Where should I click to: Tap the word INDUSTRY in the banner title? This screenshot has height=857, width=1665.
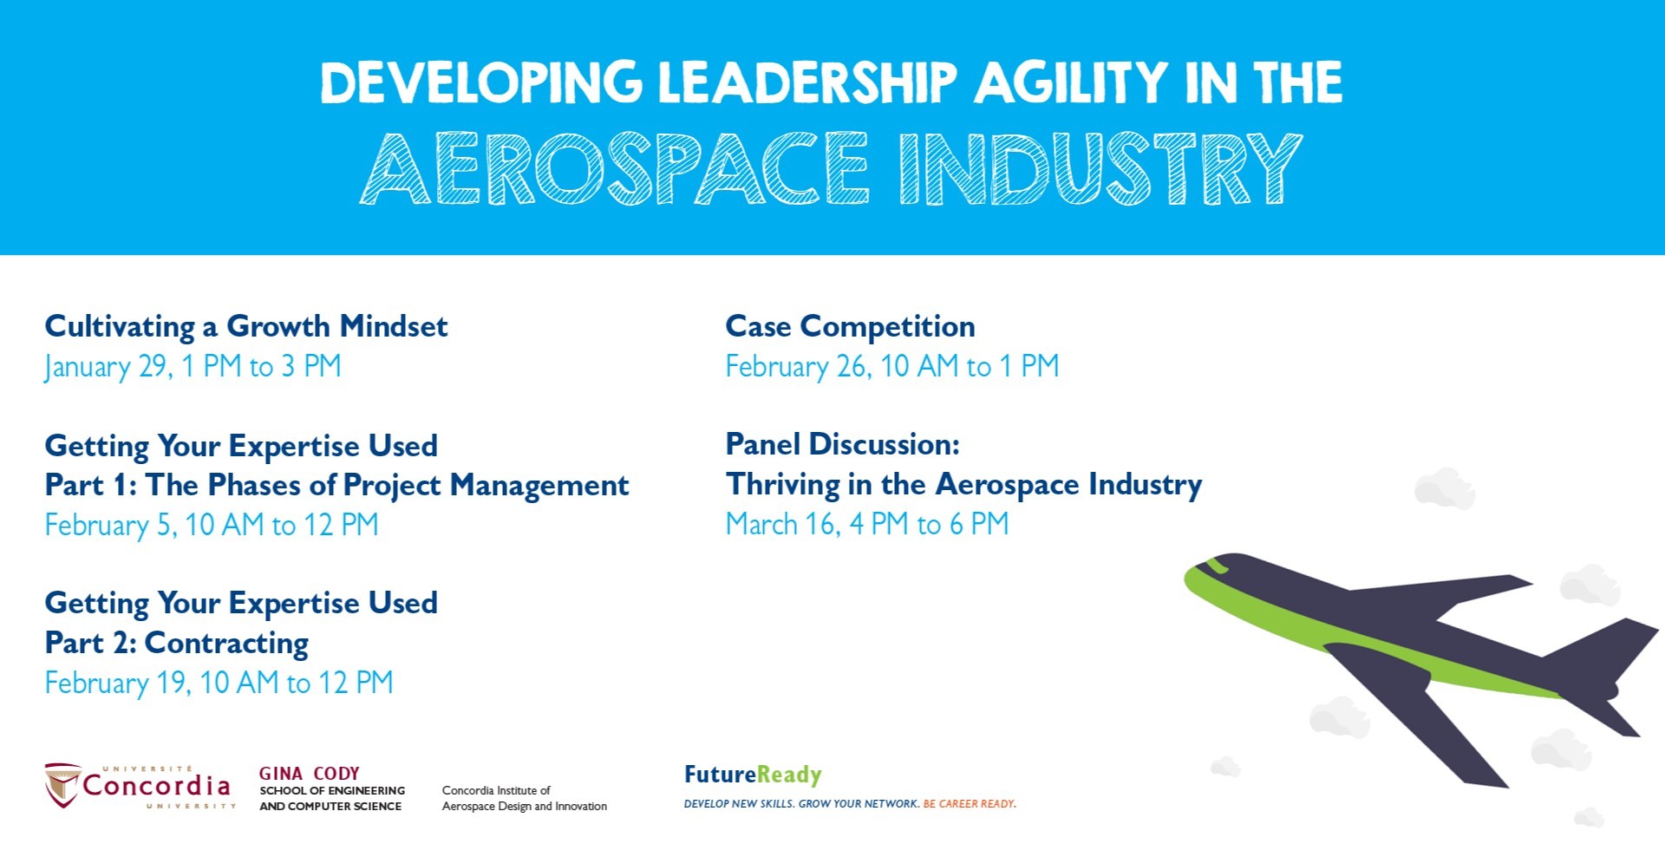click(1100, 168)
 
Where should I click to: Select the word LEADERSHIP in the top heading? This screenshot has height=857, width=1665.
click(806, 83)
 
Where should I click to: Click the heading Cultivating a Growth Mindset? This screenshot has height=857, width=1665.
click(246, 326)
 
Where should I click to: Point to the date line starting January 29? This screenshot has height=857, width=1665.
click(193, 366)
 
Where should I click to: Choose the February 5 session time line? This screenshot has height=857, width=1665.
click(212, 525)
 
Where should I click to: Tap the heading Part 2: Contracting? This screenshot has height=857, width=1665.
click(177, 643)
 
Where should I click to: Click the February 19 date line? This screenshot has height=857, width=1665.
click(219, 683)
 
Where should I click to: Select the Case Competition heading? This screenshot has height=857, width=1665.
click(851, 326)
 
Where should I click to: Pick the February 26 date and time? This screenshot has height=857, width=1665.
click(892, 366)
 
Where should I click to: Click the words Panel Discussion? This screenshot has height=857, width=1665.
click(843, 444)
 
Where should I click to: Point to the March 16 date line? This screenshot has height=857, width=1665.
click(867, 524)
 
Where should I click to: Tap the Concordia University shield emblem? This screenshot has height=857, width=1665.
click(62, 785)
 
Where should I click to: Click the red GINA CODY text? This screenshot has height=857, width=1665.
click(309, 773)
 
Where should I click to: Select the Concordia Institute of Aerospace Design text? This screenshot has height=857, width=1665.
click(525, 798)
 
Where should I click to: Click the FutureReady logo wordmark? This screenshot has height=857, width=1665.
click(753, 775)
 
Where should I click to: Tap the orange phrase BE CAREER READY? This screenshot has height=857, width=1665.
click(970, 804)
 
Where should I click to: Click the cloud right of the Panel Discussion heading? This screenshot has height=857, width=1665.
click(1445, 488)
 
